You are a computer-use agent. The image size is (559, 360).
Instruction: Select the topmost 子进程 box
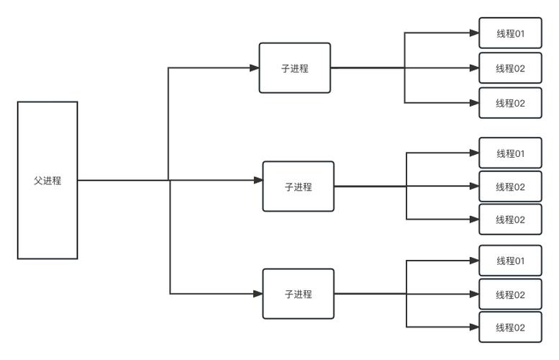[295, 68]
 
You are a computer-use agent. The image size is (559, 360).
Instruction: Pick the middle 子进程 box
[299, 186]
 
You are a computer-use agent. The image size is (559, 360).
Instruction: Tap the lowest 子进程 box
[299, 294]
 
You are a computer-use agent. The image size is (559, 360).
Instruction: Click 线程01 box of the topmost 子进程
[511, 33]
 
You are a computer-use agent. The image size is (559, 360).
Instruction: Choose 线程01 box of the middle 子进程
[511, 153]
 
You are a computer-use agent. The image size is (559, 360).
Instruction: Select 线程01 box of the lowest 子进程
[511, 261]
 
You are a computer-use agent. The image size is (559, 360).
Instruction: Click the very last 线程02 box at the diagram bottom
[511, 328]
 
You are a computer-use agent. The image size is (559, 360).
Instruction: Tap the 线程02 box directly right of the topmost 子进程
[511, 68]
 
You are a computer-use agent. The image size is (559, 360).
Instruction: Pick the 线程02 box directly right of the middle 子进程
[511, 186]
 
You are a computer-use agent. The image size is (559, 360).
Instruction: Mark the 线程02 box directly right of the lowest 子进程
[511, 294]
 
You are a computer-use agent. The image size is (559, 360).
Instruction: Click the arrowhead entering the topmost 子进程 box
[255, 68]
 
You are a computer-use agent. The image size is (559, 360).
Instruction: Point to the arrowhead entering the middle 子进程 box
[258, 180]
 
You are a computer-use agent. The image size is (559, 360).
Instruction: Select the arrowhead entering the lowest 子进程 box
[258, 294]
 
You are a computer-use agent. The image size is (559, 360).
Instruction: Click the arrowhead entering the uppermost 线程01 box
[474, 33]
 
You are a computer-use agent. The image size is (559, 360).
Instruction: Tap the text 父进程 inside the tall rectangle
[47, 181]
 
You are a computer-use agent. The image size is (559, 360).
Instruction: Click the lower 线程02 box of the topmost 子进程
[511, 103]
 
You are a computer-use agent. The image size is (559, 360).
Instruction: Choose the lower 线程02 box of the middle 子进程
[511, 220]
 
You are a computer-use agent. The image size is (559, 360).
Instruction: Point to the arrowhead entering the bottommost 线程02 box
[474, 328]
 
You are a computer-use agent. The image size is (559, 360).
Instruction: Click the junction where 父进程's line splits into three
[169, 180]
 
